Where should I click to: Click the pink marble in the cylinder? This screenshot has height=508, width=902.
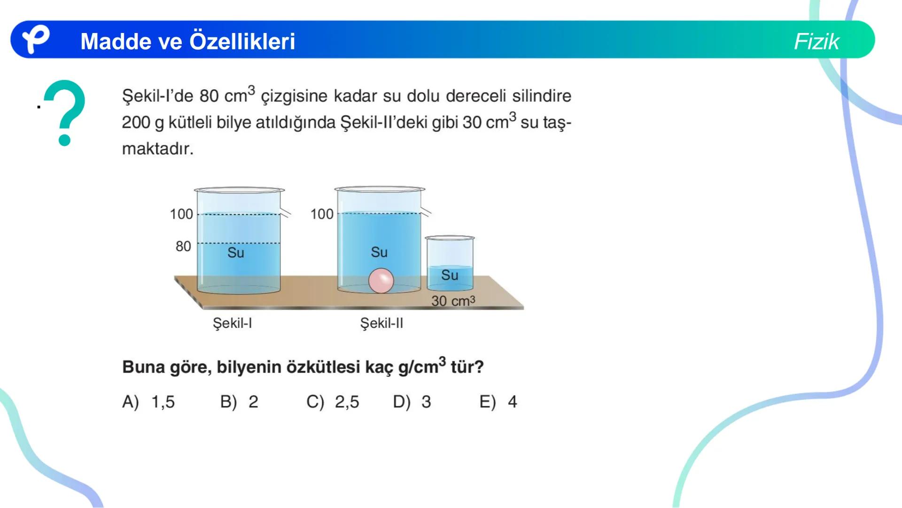tap(381, 281)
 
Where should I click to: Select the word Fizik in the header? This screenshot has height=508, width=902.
tap(816, 41)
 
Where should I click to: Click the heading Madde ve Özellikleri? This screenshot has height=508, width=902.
tap(187, 41)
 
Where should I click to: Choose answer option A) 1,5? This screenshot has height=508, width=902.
tap(148, 402)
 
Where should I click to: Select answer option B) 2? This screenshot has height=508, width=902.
tap(239, 402)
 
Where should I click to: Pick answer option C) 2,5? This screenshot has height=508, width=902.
tap(333, 402)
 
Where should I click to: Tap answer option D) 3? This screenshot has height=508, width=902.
tap(412, 402)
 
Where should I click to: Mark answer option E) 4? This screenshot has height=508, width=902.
tap(498, 402)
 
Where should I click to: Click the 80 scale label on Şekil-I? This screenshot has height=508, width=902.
tap(183, 246)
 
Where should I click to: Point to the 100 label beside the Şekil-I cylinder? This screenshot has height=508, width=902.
tap(181, 214)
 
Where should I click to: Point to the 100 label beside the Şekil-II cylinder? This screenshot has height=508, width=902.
tap(322, 214)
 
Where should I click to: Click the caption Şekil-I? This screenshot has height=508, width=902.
tap(232, 323)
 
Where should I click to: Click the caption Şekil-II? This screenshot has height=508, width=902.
tap(381, 323)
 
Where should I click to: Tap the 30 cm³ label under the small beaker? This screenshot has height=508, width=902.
tap(453, 301)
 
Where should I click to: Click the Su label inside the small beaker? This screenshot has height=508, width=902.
tap(450, 275)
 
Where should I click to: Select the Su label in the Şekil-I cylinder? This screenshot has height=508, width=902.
tap(236, 253)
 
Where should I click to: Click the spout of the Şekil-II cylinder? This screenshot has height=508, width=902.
tap(426, 212)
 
